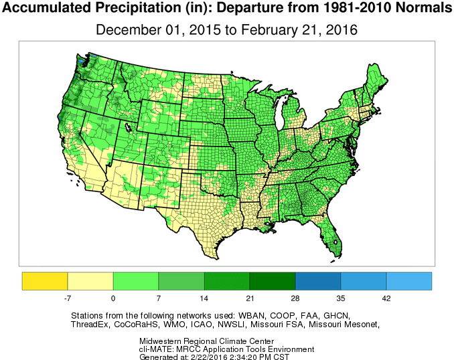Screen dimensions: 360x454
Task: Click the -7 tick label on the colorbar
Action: point(67,296)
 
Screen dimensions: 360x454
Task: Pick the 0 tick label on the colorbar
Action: point(113,296)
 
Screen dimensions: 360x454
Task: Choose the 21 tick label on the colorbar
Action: point(249,296)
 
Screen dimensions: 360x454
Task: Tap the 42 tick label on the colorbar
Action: point(386,296)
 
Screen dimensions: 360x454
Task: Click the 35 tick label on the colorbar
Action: point(340,296)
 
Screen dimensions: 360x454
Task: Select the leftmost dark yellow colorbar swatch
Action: point(45,281)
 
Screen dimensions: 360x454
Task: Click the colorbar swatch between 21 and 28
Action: point(272,281)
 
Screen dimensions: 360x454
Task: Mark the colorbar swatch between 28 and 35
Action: point(317,281)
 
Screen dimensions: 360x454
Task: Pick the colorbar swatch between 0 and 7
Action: point(136,281)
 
